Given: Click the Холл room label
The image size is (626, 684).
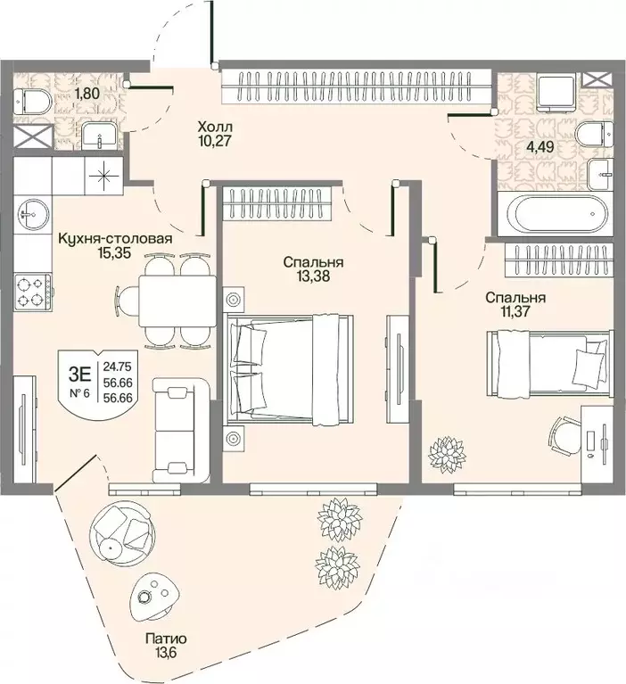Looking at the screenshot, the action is pos(215,128).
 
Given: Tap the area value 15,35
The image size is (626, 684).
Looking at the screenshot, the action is pos(115,252).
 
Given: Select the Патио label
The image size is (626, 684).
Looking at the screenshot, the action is pos(166,639).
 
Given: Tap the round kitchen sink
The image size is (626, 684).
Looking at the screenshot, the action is pos(32,214).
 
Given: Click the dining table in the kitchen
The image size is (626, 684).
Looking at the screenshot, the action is pos(177,301).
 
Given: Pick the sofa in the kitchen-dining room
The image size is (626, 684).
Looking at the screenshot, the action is pos(181,430).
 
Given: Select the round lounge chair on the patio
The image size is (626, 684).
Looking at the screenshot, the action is pos(121,530).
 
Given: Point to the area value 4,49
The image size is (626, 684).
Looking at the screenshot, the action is pos(540,146).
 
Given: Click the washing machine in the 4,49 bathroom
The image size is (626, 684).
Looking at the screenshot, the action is pos(556,92).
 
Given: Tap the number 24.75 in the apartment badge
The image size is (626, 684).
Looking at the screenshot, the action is pos(118,367).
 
